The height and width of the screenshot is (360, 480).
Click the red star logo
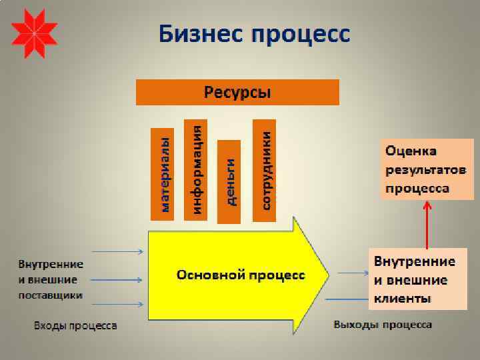[34, 33]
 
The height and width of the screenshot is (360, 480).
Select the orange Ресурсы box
[237, 92]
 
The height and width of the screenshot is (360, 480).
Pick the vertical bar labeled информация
[195, 170]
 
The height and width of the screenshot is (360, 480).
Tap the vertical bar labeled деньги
[230, 181]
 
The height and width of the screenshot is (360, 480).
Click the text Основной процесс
[241, 275]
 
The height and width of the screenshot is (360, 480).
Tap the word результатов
[425, 170]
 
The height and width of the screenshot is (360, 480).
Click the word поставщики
[51, 295]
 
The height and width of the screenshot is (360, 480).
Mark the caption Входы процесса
[75, 326]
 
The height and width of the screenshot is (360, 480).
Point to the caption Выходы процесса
[383, 325]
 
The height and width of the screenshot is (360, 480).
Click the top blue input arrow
[117, 251]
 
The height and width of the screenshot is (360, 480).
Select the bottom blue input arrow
[117, 304]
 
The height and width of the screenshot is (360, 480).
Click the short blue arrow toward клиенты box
[352, 272]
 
